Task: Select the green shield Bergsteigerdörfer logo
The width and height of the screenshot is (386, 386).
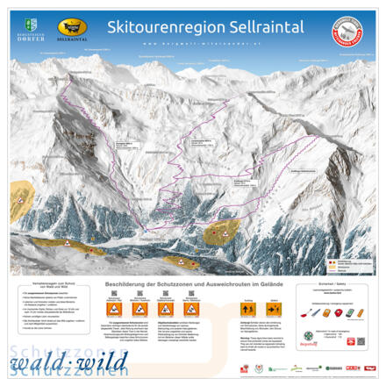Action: (x=32, y=25)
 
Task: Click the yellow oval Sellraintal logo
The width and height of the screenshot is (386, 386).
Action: (x=73, y=28)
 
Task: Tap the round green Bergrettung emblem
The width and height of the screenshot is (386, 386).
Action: (x=309, y=335)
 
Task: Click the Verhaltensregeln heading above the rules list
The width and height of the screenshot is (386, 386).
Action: (x=47, y=287)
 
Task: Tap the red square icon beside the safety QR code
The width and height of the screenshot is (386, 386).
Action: (x=350, y=341)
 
